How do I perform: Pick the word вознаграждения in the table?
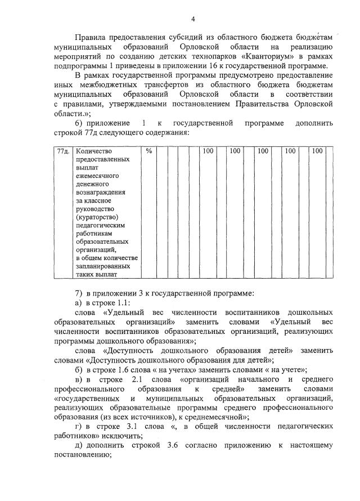(100, 192)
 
